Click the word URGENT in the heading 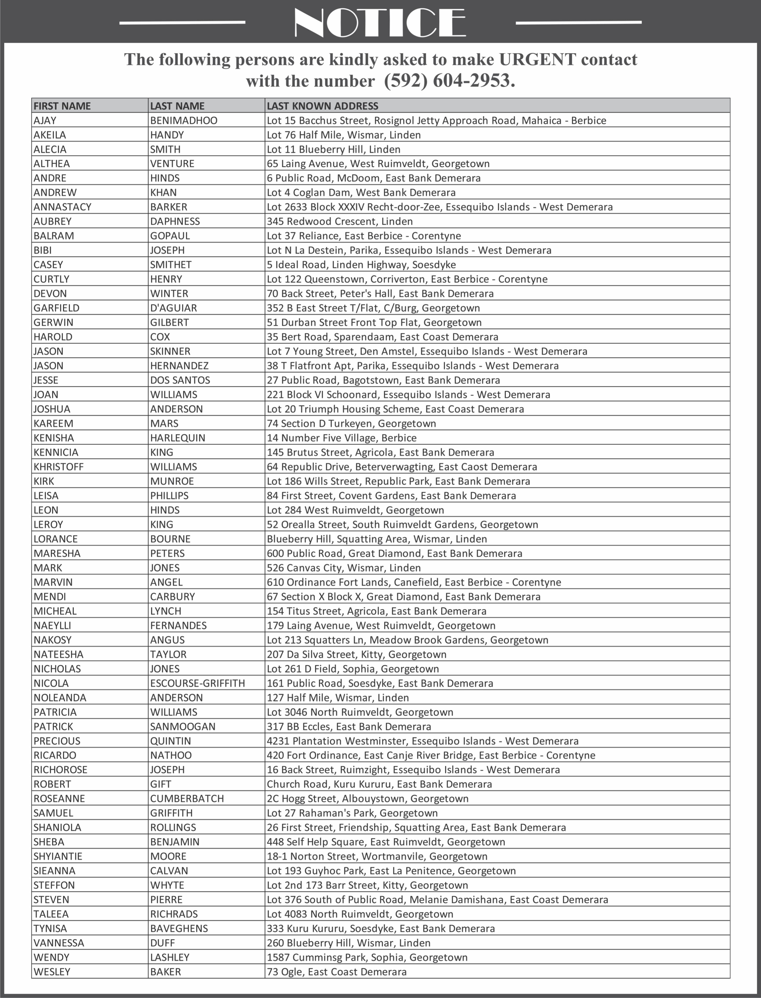tap(537, 59)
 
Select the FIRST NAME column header tap(62, 106)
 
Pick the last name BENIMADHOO tap(183, 121)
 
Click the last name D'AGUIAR tap(173, 308)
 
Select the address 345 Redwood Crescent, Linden tap(340, 222)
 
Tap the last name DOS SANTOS tap(180, 380)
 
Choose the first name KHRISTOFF tap(58, 467)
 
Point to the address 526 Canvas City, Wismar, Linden tap(343, 568)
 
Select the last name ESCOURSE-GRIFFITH tap(198, 683)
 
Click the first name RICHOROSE tap(60, 770)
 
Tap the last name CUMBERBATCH tap(187, 799)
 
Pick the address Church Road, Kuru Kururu tap(379, 784)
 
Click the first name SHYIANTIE tap(57, 856)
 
